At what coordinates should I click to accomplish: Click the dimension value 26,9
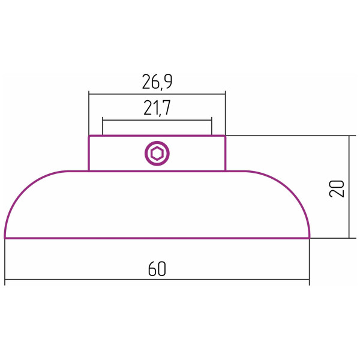157,80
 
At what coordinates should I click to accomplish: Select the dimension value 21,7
157,108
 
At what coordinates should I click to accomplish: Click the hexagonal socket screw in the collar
157,154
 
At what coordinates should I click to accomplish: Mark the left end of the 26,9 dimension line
89,93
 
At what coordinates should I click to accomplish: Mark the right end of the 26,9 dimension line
225,93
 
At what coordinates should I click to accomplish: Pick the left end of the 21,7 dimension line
103,120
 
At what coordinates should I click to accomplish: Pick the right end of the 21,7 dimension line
211,120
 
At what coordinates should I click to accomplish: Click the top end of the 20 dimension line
349,136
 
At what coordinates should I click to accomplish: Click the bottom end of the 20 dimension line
349,238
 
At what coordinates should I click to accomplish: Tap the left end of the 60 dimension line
5,280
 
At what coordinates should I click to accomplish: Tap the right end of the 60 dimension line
310,280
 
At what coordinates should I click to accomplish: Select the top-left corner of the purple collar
89,137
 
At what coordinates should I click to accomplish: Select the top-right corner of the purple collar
225,137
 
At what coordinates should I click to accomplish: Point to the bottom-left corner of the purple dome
5,237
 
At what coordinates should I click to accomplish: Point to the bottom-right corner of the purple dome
309,237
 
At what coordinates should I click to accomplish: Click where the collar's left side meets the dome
89,171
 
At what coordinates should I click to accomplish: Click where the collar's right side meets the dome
225,171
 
